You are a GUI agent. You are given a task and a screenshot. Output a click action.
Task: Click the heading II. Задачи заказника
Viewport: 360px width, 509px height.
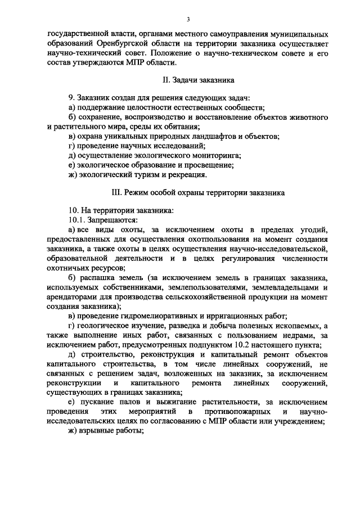(180, 80)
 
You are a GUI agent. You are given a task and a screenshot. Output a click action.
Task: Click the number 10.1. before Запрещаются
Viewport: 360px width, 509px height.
(78, 220)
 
